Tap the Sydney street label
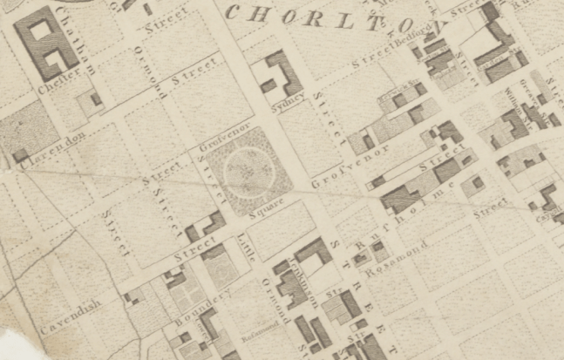291,99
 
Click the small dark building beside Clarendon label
19,155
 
